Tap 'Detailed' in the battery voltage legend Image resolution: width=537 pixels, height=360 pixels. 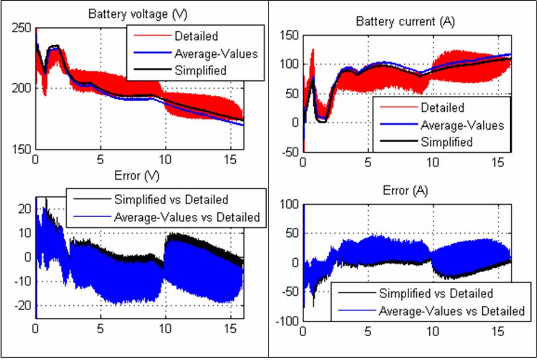click(x=196, y=36)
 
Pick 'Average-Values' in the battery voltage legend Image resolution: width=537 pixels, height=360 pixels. click(x=216, y=54)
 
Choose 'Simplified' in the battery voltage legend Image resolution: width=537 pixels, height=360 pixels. click(x=201, y=70)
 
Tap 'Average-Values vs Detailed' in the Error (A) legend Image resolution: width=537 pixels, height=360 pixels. click(x=452, y=310)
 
